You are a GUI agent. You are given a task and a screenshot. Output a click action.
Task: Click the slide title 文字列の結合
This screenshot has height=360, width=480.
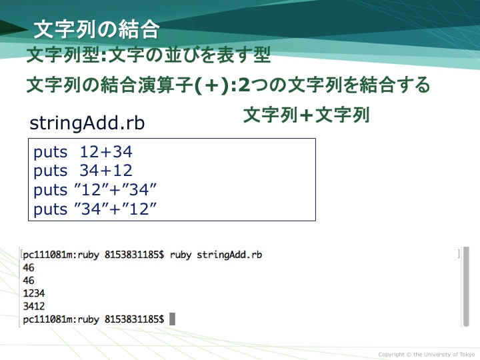(x=96, y=30)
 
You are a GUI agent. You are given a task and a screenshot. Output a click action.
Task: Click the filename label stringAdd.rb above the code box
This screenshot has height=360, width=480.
(x=87, y=123)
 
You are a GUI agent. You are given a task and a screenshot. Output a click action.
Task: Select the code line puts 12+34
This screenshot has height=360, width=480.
(x=83, y=152)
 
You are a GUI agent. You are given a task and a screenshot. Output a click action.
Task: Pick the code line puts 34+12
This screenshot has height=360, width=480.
(x=83, y=171)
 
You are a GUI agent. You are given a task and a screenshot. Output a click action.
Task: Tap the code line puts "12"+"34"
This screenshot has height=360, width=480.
(x=95, y=190)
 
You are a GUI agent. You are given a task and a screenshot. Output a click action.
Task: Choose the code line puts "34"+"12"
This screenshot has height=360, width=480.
(x=95, y=209)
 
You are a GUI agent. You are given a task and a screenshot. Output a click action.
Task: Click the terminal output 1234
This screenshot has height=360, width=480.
(x=34, y=293)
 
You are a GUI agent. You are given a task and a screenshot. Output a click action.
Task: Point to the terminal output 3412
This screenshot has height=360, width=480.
(x=34, y=306)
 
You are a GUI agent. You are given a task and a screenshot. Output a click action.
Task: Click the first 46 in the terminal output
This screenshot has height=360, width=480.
(x=29, y=267)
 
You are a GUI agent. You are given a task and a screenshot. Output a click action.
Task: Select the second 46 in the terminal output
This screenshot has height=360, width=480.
(x=29, y=281)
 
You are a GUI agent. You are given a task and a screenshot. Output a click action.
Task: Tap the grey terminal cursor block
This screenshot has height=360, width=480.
(x=173, y=319)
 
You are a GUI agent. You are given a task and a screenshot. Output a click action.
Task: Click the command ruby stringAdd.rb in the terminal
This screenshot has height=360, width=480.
(x=216, y=255)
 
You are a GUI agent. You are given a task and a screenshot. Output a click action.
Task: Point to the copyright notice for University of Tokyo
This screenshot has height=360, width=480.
(x=427, y=355)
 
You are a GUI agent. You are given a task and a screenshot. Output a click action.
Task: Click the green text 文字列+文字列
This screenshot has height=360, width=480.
(x=307, y=115)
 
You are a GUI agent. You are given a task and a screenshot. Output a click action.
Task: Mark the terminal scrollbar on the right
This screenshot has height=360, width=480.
(x=466, y=287)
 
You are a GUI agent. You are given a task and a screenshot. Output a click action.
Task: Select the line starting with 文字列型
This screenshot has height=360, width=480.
(x=149, y=55)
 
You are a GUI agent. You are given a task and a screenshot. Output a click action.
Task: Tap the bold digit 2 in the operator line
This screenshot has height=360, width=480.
(x=244, y=85)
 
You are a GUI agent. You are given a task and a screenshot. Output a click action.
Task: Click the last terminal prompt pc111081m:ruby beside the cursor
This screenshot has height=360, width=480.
(x=61, y=319)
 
